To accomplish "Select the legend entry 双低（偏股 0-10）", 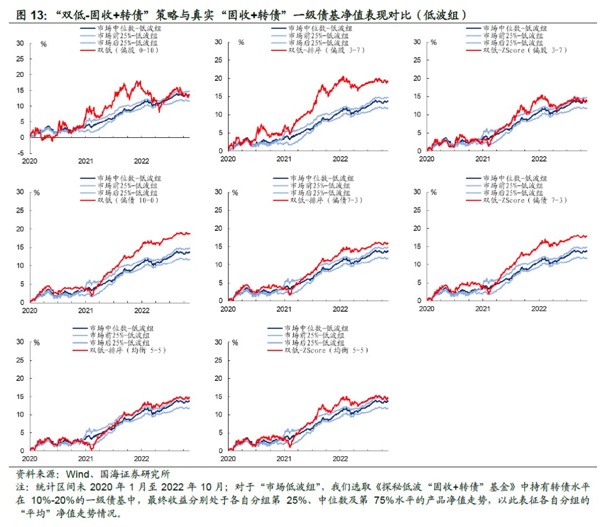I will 128,50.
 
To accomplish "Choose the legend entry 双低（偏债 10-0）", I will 128,200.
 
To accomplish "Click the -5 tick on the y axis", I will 20,153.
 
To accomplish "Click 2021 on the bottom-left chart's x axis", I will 85,459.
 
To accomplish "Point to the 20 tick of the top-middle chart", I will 219,78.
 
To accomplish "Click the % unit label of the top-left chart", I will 42,43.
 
